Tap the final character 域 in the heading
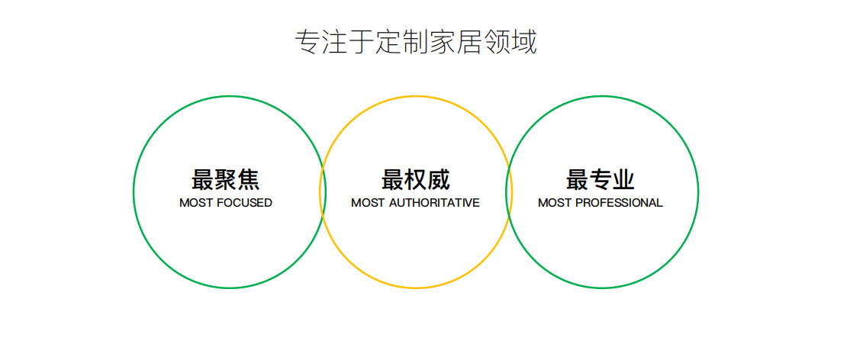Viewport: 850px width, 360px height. pos(524,41)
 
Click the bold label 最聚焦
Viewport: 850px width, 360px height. pos(226,179)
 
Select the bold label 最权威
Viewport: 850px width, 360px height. pos(416,179)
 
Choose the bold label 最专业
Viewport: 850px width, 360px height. pos(600,179)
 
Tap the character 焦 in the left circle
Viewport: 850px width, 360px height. pos(248,179)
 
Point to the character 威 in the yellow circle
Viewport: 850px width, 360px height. pos(439,179)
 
